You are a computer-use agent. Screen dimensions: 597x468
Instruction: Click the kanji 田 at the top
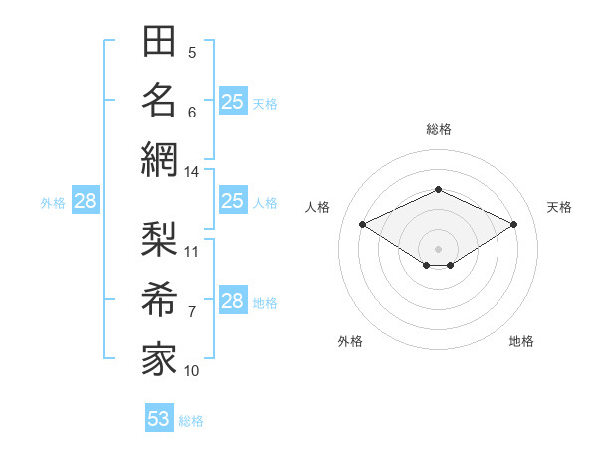[x=159, y=41]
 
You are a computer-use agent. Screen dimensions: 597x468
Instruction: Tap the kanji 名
[x=159, y=101]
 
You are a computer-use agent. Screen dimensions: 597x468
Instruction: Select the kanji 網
[x=159, y=160]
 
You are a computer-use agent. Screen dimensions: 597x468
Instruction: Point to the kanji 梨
[x=159, y=239]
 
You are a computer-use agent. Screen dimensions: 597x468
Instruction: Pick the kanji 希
[x=159, y=299]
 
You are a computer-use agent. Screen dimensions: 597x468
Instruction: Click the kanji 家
[x=159, y=359]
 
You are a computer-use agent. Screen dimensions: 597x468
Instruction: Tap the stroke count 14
[x=191, y=172]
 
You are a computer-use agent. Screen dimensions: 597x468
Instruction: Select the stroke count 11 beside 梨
[x=191, y=252]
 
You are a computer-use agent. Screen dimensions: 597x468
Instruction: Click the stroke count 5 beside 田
[x=192, y=53]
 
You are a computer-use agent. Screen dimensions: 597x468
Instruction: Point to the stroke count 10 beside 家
[x=191, y=371]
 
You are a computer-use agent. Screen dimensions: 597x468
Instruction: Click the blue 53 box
[x=159, y=417]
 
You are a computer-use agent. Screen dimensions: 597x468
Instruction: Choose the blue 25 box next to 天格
[x=233, y=101]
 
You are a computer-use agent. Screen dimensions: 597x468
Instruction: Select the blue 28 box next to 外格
[x=86, y=200]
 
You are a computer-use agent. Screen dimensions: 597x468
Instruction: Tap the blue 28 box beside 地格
[x=233, y=299]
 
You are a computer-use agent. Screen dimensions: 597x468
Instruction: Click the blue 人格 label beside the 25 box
[x=265, y=203]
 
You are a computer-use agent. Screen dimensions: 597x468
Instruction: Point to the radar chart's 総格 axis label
[x=439, y=129]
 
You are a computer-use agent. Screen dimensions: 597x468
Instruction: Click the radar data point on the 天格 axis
[x=513, y=224]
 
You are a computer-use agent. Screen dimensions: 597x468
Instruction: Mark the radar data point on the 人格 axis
[x=363, y=224]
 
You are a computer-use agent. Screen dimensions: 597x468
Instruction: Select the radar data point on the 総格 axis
[x=438, y=189]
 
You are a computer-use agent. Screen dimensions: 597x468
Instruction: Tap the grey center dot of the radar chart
[x=438, y=249]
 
